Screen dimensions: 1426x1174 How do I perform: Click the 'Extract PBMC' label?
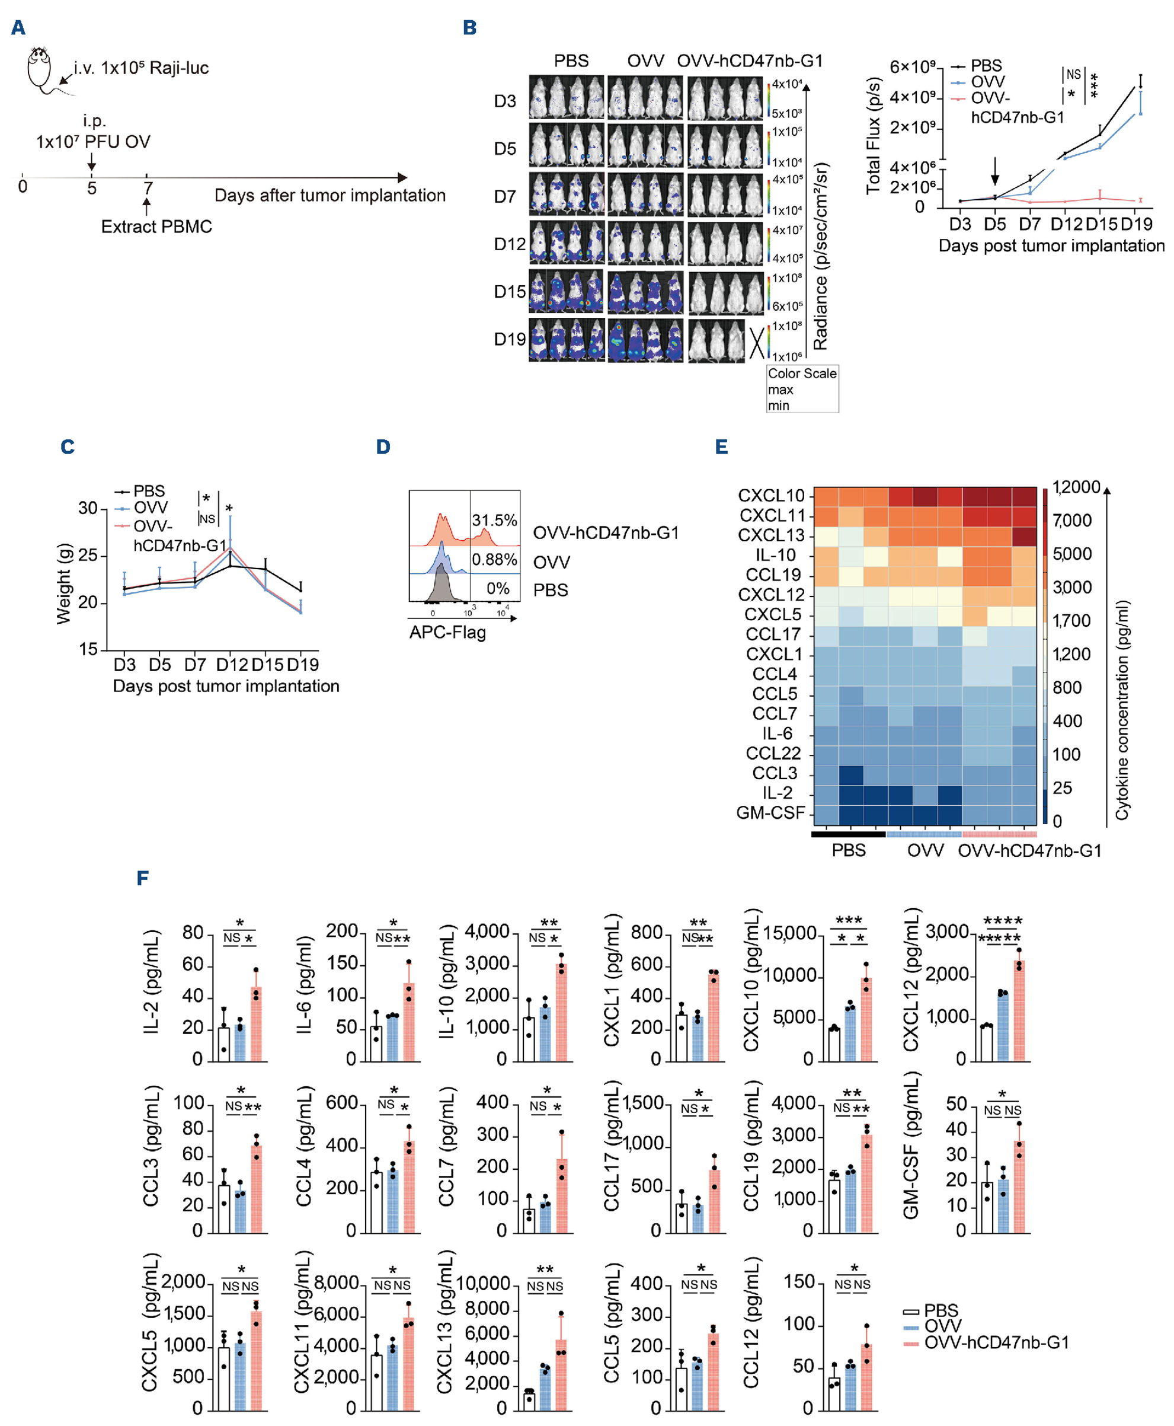pos(156,226)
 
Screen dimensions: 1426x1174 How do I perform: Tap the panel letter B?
pos(470,28)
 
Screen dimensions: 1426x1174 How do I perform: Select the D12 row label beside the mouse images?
pos(509,244)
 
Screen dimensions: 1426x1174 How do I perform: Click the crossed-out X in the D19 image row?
pos(757,342)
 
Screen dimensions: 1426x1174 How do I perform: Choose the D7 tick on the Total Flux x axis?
pos(1029,224)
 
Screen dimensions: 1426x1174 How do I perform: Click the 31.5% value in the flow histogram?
pos(494,520)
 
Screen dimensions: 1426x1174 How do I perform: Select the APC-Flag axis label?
pos(447,633)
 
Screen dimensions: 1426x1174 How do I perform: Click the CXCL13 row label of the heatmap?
pos(771,535)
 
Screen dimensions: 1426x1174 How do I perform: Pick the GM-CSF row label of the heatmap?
pos(770,813)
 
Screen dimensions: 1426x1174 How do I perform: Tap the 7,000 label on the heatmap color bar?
pos(1072,520)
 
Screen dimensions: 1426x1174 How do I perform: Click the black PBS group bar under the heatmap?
pos(848,834)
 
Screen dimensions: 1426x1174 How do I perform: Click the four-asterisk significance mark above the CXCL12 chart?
pos(1003,921)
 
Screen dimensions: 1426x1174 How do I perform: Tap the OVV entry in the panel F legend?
pos(943,1326)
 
